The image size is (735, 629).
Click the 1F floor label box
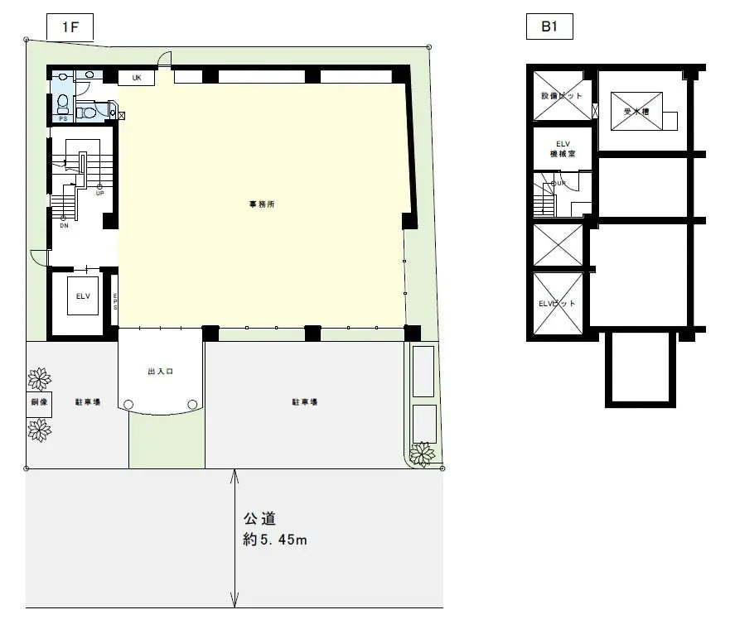(70, 27)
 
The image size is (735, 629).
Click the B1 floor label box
(549, 27)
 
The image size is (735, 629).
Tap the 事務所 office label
(263, 204)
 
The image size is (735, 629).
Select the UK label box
(137, 78)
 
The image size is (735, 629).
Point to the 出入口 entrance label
(160, 372)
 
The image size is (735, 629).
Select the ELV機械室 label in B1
(562, 149)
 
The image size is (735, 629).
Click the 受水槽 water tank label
(636, 111)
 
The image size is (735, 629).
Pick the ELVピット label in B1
(557, 304)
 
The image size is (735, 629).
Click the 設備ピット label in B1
(562, 96)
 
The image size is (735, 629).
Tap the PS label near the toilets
(62, 118)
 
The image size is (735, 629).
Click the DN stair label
(64, 225)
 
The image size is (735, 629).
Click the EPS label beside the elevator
(114, 301)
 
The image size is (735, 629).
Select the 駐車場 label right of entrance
(304, 402)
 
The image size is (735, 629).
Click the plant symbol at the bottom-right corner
(423, 454)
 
